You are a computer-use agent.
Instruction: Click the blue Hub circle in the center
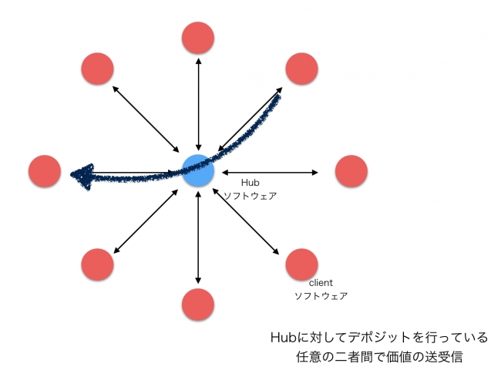[x=198, y=170]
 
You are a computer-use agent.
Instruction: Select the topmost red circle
[x=198, y=38]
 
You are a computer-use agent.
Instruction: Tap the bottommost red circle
[x=198, y=305]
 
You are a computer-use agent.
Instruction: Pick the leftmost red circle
[x=45, y=171]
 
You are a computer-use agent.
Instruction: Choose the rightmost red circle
[x=351, y=171]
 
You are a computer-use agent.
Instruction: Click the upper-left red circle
[x=97, y=69]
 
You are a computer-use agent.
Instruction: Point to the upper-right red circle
[x=302, y=69]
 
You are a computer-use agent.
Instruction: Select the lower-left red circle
[x=97, y=264]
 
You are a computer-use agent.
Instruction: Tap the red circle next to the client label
[x=302, y=264]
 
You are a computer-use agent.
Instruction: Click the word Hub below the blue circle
[x=250, y=183]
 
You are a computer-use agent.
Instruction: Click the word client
[x=321, y=283]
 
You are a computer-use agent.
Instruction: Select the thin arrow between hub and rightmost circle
[x=270, y=173]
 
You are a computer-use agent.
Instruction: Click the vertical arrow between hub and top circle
[x=198, y=104]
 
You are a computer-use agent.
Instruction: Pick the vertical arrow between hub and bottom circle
[x=198, y=237]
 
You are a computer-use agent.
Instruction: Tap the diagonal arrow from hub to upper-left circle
[x=146, y=119]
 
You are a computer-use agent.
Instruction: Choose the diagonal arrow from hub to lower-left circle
[x=146, y=221]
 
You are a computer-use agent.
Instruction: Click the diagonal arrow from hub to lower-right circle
[x=245, y=221]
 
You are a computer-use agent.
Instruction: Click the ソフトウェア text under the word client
[x=321, y=296]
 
